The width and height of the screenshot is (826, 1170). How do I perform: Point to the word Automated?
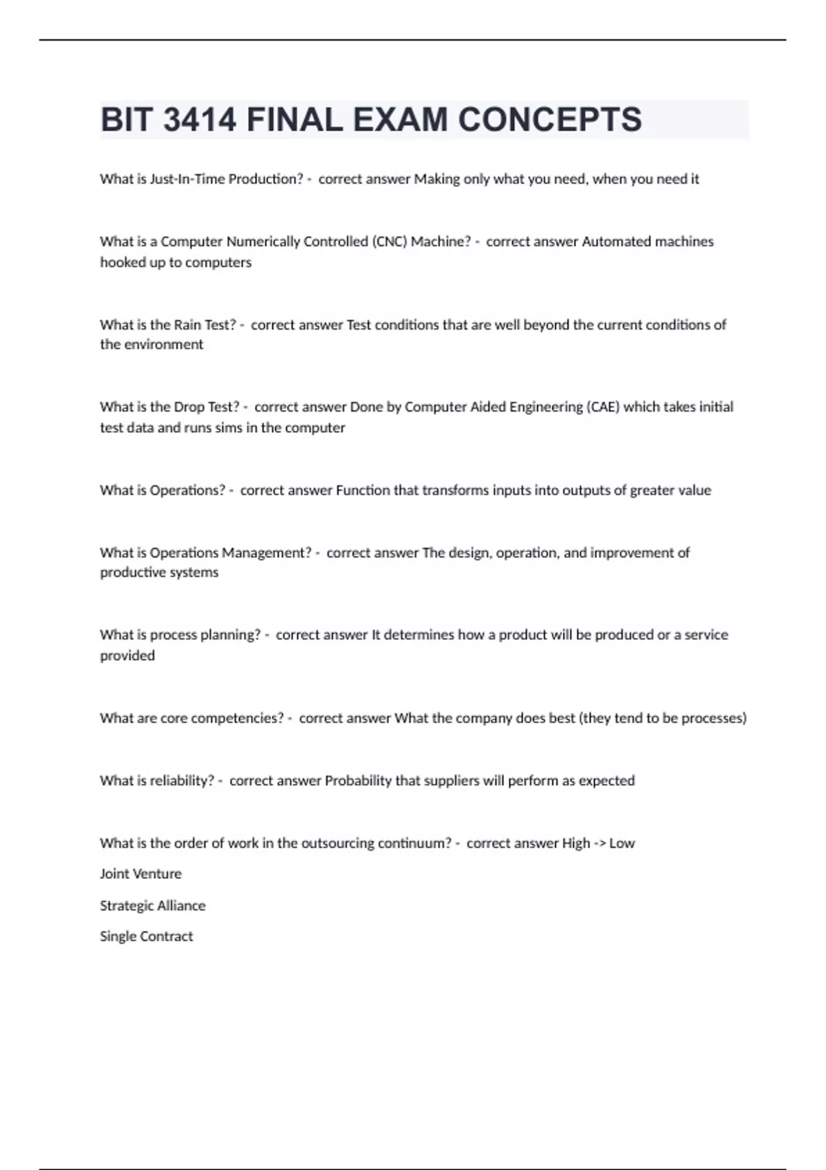pyautogui.click(x=616, y=242)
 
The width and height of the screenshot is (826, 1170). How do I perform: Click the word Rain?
pyautogui.click(x=187, y=325)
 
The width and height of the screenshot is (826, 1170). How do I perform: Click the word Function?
pyautogui.click(x=363, y=490)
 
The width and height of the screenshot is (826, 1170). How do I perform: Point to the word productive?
pyautogui.click(x=128, y=573)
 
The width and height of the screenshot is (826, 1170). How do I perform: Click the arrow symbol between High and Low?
pyautogui.click(x=599, y=843)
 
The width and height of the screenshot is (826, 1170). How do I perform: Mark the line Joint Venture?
pyautogui.click(x=140, y=874)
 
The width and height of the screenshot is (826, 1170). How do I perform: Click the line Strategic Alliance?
pyautogui.click(x=152, y=906)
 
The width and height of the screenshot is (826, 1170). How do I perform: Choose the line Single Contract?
pyautogui.click(x=146, y=937)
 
